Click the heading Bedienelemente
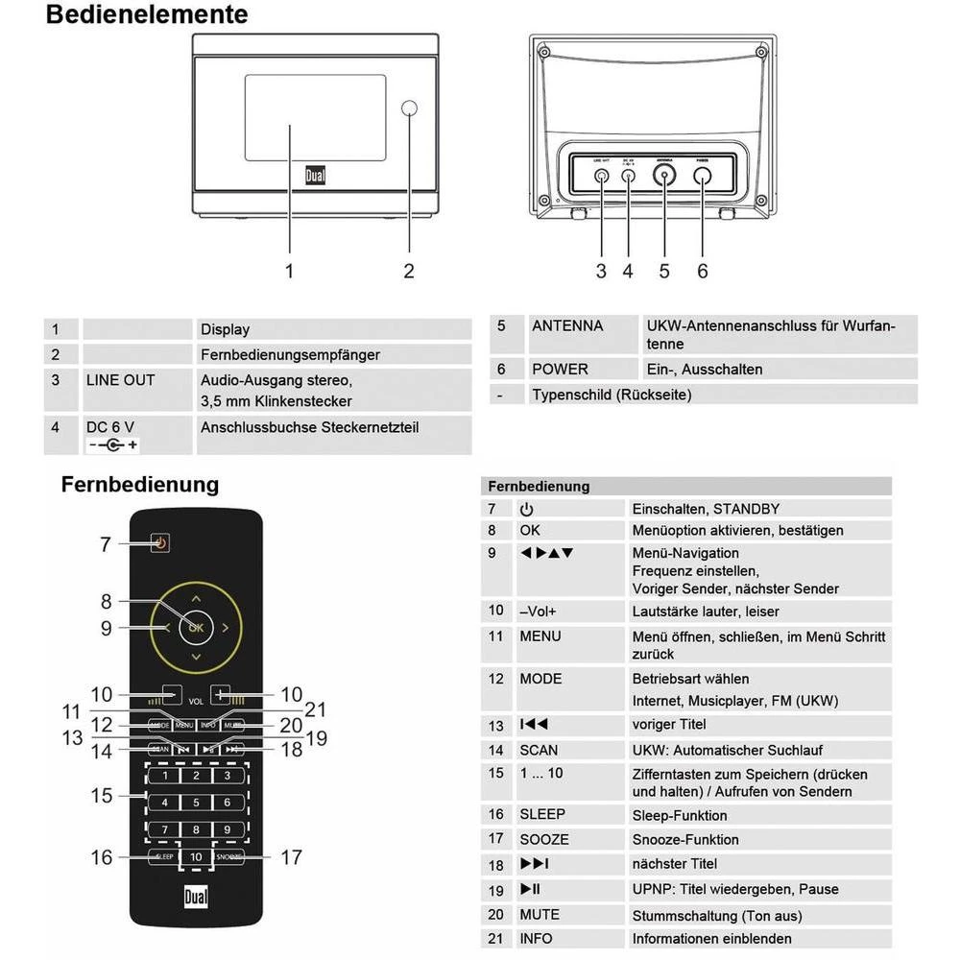pyautogui.click(x=146, y=15)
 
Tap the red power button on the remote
pyautogui.click(x=160, y=543)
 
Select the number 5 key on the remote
pyautogui.click(x=196, y=803)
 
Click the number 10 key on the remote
pyautogui.click(x=196, y=856)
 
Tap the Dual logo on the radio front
pyautogui.click(x=316, y=177)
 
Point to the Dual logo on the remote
pyautogui.click(x=196, y=899)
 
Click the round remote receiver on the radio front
pyautogui.click(x=410, y=108)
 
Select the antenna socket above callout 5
pyautogui.click(x=663, y=176)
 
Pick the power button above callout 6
pyautogui.click(x=703, y=176)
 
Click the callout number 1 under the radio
pyautogui.click(x=289, y=272)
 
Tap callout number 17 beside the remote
pyautogui.click(x=291, y=857)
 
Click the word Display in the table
pyautogui.click(x=225, y=329)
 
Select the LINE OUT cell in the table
pyautogui.click(x=120, y=380)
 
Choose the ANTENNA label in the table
pyautogui.click(x=567, y=326)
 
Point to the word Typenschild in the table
pyautogui.click(x=572, y=395)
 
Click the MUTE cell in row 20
pyautogui.click(x=540, y=915)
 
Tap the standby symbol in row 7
pyautogui.click(x=526, y=509)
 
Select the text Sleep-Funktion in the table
pyautogui.click(x=680, y=816)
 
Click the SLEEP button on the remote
pyautogui.click(x=160, y=856)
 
